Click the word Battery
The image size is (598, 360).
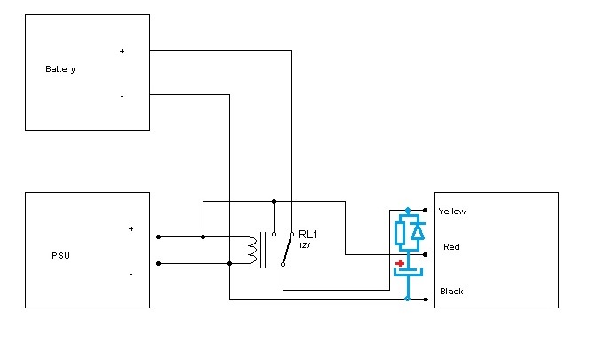(x=60, y=69)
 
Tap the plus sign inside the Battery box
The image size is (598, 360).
(x=122, y=51)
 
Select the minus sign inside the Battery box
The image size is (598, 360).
(x=122, y=97)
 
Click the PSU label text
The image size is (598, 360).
(x=61, y=255)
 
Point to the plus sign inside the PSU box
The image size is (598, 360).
(x=131, y=228)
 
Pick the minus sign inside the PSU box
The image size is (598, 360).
(x=131, y=274)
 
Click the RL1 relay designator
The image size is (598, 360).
(x=308, y=234)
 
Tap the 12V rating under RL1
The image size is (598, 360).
(x=305, y=245)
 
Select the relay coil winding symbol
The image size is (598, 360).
(x=252, y=250)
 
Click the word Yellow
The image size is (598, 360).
(x=452, y=212)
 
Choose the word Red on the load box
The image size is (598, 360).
(x=451, y=247)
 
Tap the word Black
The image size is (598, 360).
(x=451, y=292)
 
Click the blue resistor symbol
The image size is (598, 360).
(x=400, y=233)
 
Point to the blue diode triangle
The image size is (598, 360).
(x=419, y=232)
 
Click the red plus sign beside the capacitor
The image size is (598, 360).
(x=400, y=263)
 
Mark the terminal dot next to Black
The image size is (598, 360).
(x=426, y=300)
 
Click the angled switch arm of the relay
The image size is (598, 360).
(x=287, y=249)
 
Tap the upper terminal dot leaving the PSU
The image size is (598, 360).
(x=159, y=236)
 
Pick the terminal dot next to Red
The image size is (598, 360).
(x=426, y=254)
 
